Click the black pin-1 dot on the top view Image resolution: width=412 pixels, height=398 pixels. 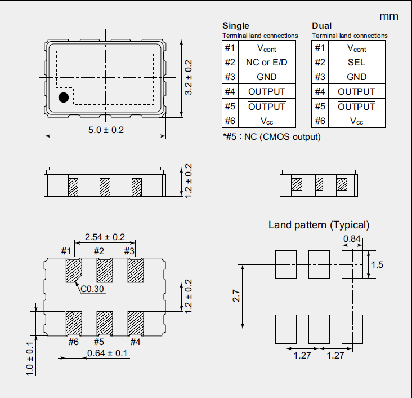(64, 98)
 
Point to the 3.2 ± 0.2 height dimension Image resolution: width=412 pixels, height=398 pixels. (189, 78)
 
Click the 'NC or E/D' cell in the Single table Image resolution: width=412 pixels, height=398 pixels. (267, 62)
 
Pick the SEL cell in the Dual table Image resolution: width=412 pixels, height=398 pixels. (356, 62)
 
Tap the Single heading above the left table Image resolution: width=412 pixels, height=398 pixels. (236, 25)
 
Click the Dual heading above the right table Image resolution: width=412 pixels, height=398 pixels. (322, 25)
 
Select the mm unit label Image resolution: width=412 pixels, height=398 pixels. (389, 16)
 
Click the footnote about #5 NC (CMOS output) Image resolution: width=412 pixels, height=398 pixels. (271, 136)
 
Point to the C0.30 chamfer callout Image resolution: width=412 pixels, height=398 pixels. (91, 289)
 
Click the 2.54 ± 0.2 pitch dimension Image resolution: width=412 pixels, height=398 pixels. (105, 237)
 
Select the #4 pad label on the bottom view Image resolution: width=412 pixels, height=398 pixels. (136, 341)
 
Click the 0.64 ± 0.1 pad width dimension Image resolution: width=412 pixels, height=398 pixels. (107, 353)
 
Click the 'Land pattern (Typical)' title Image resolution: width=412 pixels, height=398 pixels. (319, 225)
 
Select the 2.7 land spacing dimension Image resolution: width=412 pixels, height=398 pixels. (236, 296)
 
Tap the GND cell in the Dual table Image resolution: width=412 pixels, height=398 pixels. (356, 77)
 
